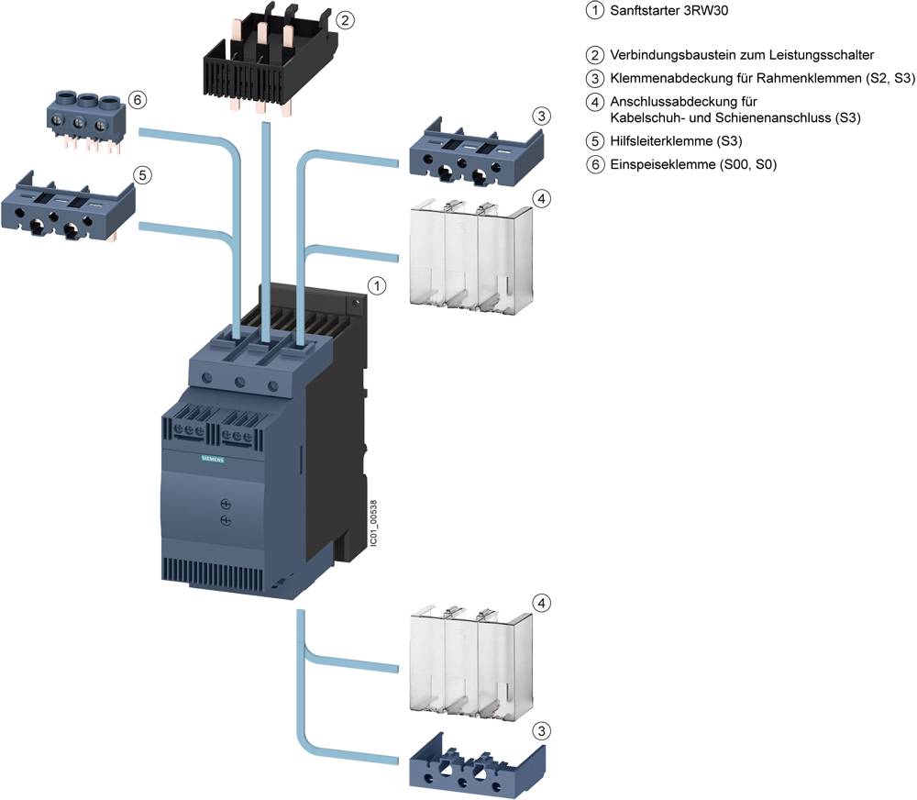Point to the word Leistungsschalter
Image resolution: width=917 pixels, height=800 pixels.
click(x=822, y=55)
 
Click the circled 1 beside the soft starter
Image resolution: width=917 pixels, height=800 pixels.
click(x=375, y=286)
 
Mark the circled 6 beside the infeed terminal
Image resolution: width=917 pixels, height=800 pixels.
click(x=138, y=99)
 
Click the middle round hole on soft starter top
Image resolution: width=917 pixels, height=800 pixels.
click(x=242, y=382)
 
